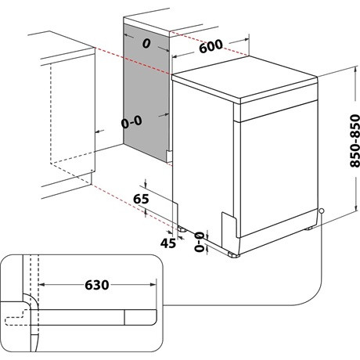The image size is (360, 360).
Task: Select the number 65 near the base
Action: [141, 199]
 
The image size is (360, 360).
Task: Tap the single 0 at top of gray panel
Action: [145, 45]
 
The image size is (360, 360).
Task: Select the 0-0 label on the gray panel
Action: [131, 123]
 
